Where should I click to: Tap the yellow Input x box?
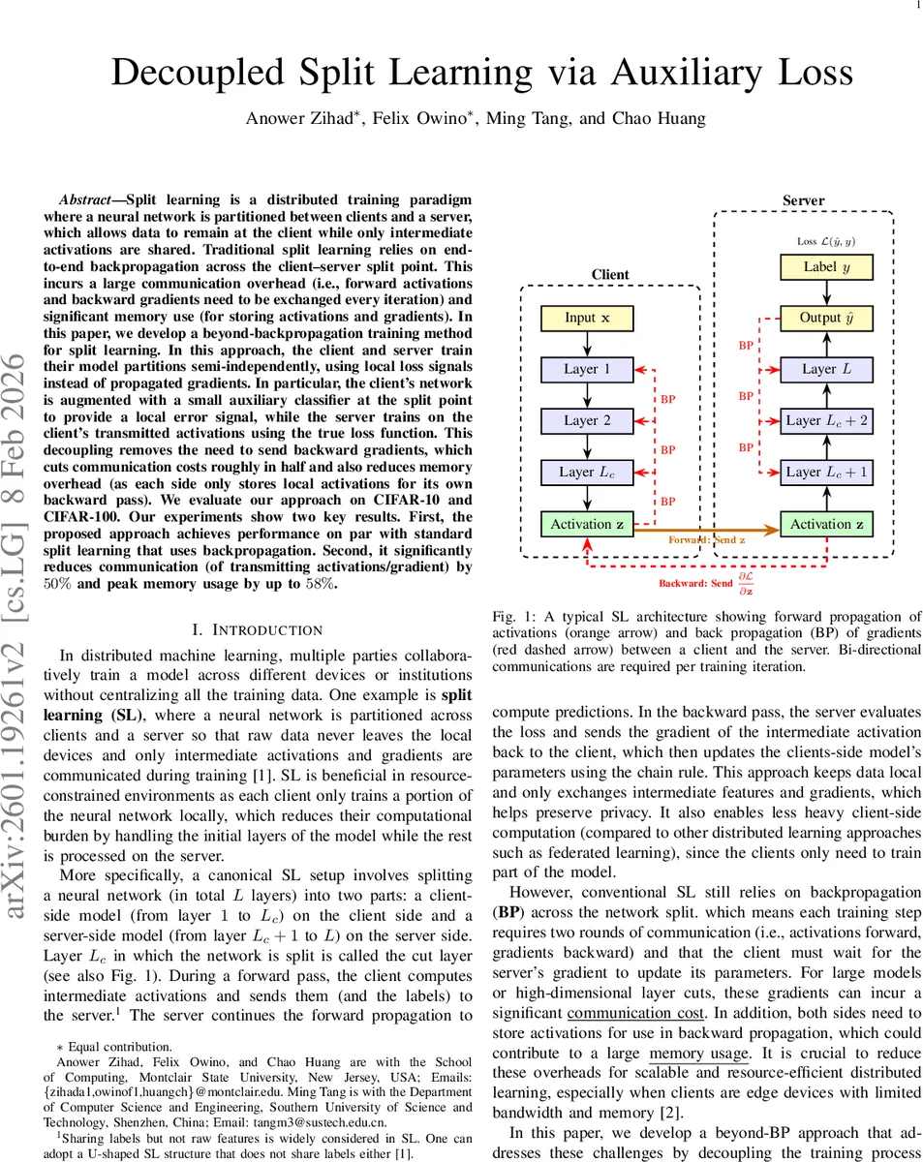(x=586, y=318)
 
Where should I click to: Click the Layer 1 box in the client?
(x=586, y=369)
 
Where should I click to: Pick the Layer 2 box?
(x=586, y=420)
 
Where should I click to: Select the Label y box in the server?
(x=826, y=266)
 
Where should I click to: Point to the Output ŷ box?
(x=826, y=318)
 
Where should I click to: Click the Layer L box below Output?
(x=826, y=369)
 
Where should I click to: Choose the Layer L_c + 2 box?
(x=826, y=420)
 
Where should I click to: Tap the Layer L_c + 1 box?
(x=826, y=472)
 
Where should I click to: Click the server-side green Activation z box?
(x=826, y=524)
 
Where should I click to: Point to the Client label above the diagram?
(x=610, y=275)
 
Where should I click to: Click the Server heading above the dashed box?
(x=803, y=200)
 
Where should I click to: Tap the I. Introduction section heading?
(x=259, y=630)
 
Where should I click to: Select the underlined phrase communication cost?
(x=635, y=1013)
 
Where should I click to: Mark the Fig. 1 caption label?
(x=509, y=617)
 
